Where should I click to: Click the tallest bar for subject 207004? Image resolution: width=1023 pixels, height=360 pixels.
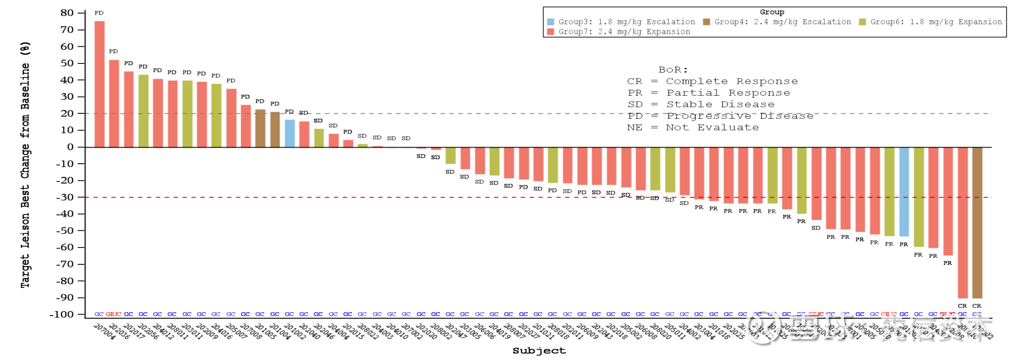(99, 84)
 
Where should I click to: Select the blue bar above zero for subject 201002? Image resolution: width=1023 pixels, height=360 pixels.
(290, 133)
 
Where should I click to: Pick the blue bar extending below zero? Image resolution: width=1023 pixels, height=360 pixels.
(904, 191)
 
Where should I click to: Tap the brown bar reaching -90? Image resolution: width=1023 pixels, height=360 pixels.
(977, 222)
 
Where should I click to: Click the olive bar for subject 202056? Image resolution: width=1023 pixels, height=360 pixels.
(143, 111)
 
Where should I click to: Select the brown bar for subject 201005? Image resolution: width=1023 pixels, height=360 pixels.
(260, 128)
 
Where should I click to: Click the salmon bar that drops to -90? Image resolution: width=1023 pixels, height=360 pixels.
(962, 222)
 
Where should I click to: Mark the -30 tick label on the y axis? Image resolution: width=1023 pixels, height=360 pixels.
(65, 197)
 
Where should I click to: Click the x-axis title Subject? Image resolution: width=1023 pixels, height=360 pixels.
(539, 350)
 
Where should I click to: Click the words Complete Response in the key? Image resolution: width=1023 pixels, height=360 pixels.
(731, 81)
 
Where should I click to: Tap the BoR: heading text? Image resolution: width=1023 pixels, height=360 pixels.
(673, 70)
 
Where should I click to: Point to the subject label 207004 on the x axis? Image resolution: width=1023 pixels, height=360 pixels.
(105, 331)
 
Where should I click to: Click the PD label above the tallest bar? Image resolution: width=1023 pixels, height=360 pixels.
(99, 13)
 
